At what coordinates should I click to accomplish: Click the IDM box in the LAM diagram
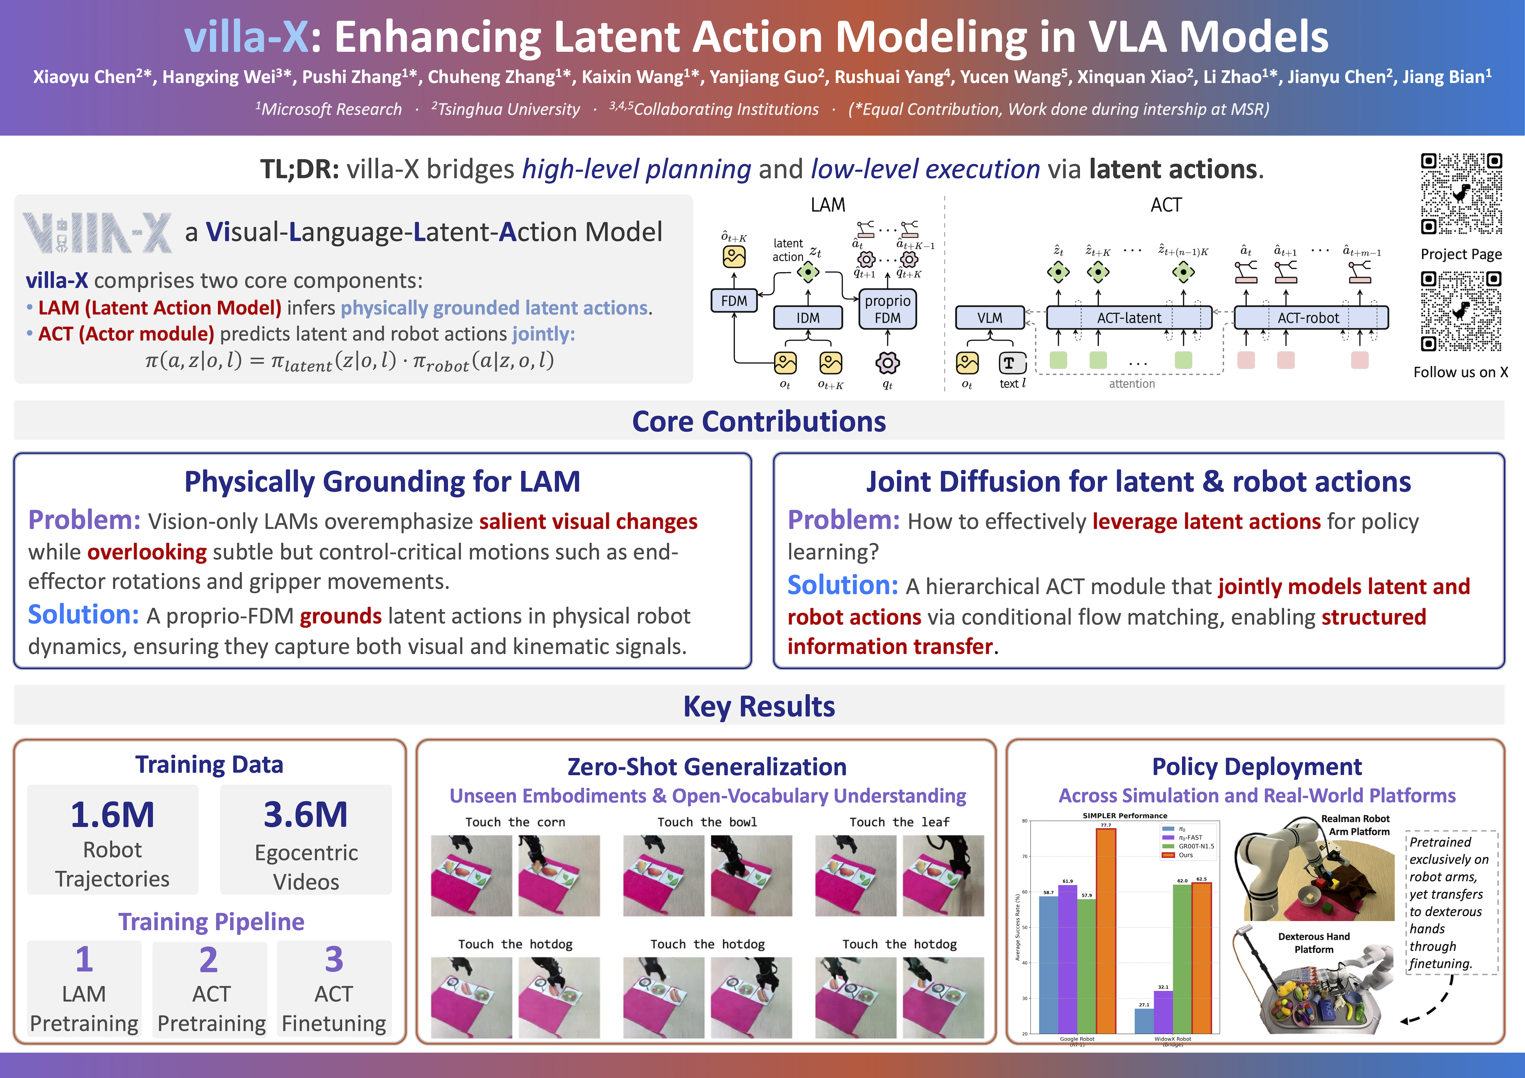pos(808,318)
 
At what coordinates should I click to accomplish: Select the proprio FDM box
pos(887,309)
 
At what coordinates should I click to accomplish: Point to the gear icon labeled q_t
pos(887,362)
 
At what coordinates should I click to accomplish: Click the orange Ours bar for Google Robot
pos(1106,929)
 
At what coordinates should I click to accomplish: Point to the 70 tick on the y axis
pos(1025,856)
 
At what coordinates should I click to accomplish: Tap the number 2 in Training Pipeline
pos(209,959)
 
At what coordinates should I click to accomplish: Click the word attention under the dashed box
pos(1132,384)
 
